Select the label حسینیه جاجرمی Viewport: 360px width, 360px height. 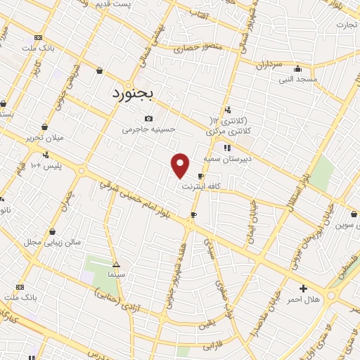click(148, 129)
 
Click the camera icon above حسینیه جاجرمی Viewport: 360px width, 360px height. click(148, 118)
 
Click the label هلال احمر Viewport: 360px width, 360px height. click(303, 300)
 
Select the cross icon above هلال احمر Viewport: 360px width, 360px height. click(303, 288)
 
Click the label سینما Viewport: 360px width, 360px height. click(115, 275)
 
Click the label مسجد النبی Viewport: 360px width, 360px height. click(297, 79)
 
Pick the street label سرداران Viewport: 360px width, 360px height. click(269, 64)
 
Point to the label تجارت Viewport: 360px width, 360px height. click(347, 25)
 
